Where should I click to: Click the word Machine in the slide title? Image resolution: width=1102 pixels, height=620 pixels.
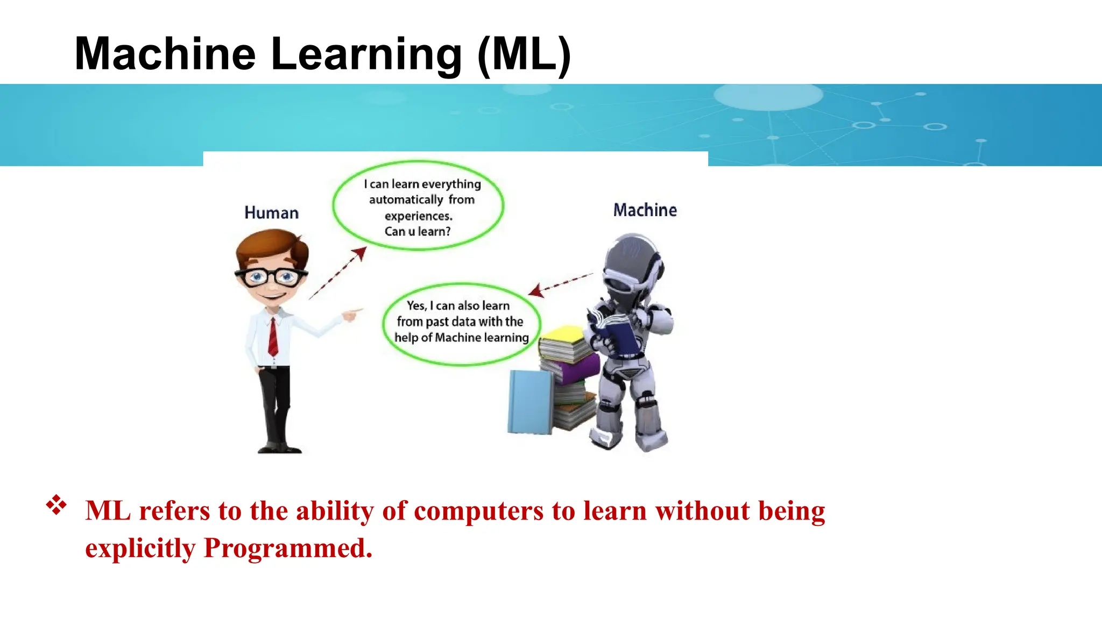[x=165, y=54]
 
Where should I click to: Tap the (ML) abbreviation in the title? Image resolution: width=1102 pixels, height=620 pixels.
[x=524, y=55]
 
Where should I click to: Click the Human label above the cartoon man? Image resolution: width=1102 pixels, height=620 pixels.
[x=271, y=213]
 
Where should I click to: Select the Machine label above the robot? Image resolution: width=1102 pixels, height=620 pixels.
[x=645, y=210]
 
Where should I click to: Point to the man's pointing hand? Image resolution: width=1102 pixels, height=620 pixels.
[x=352, y=314]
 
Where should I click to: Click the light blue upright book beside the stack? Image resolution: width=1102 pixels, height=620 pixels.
[x=529, y=402]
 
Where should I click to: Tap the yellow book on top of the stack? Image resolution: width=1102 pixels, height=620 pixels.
[x=562, y=336]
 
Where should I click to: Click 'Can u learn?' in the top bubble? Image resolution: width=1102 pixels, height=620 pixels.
[x=417, y=232]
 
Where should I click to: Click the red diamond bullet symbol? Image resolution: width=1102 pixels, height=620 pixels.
[x=56, y=505]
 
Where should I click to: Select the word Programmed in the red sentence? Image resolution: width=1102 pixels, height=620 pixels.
[x=288, y=548]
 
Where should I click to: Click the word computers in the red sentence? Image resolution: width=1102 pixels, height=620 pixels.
[x=478, y=511]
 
